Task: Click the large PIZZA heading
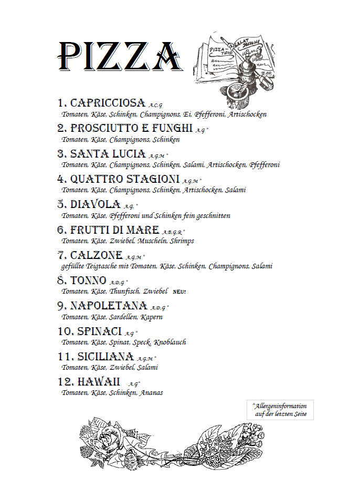click(121, 56)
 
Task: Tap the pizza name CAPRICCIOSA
click(108, 103)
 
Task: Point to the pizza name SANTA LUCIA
click(108, 154)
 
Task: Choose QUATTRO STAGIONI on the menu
click(125, 179)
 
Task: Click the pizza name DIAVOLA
click(96, 204)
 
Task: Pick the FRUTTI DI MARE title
click(114, 230)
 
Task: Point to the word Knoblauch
click(170, 342)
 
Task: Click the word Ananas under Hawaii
click(151, 392)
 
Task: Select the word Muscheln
click(153, 241)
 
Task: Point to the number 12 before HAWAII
click(65, 382)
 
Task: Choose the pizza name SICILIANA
click(105, 357)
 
